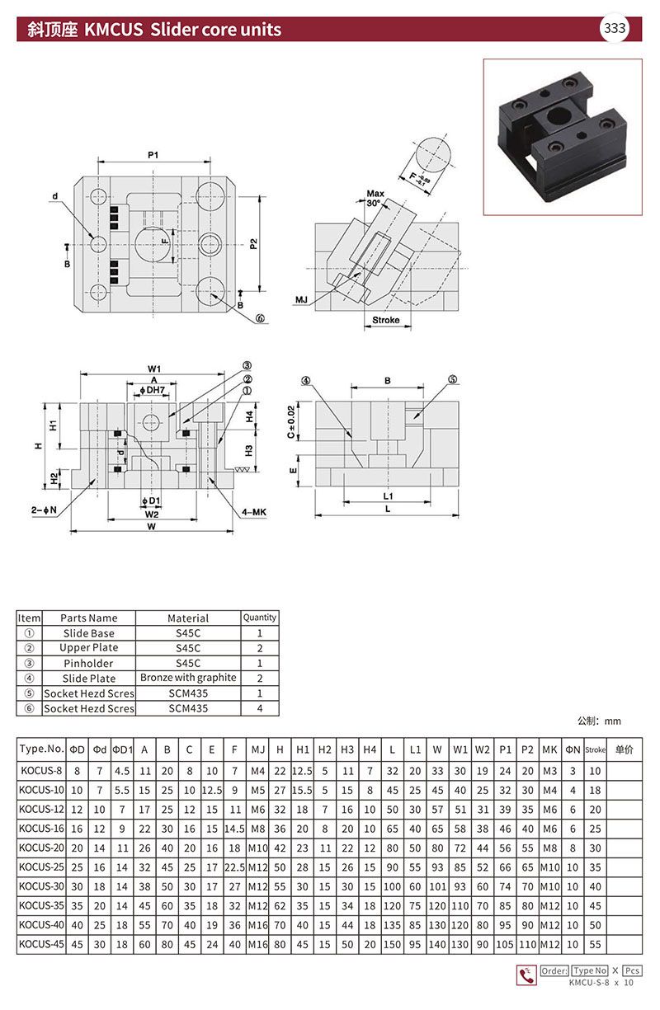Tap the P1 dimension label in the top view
click(153, 155)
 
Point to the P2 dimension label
click(254, 243)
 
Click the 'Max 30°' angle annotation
click(375, 198)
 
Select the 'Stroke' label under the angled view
click(385, 320)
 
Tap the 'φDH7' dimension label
click(153, 390)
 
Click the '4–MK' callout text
click(252, 512)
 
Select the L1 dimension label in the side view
click(387, 496)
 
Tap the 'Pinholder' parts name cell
click(88, 663)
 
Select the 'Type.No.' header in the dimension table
click(41, 749)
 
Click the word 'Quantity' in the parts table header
click(260, 617)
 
